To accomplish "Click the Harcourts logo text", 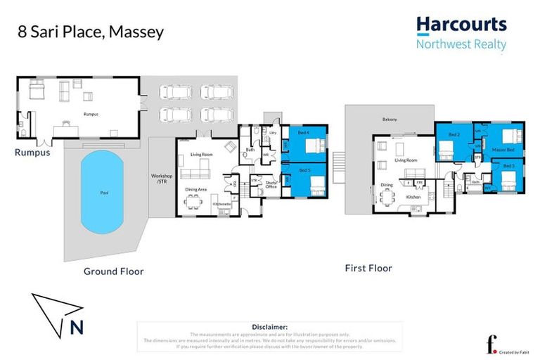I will (461, 25).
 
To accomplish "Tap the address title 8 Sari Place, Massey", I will (91, 31).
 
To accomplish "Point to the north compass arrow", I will (58, 309).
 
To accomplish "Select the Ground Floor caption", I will (113, 271).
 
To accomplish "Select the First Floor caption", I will (368, 268).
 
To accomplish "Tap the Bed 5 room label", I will (304, 169).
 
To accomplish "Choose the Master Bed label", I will (503, 150).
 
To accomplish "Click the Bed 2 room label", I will (454, 134).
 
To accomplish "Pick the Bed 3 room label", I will (508, 166).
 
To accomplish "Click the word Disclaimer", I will (270, 327).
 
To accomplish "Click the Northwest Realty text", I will (461, 44).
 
